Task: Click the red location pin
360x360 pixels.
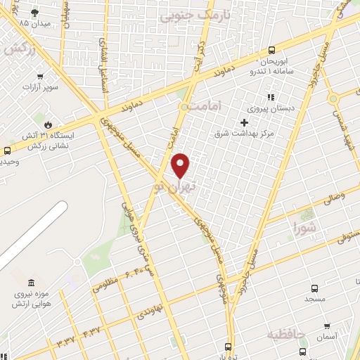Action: (181, 165)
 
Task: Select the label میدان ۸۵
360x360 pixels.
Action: (33, 23)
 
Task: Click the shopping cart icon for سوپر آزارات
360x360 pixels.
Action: (40, 77)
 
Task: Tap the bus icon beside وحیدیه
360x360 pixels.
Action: (7, 150)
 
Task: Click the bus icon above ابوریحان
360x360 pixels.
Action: (272, 51)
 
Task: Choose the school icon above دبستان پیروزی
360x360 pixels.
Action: (269, 98)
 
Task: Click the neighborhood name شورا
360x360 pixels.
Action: (305, 227)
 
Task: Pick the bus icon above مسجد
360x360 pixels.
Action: (314, 288)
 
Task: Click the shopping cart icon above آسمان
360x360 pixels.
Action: (327, 326)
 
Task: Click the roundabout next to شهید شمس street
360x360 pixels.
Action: (333, 98)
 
